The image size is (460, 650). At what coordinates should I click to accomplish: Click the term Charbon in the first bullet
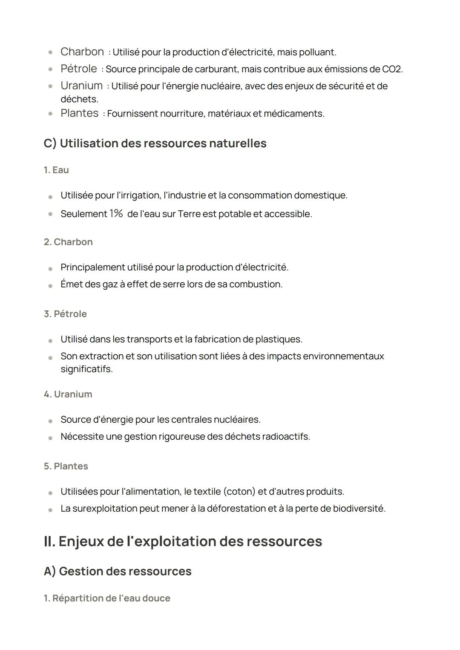pyautogui.click(x=82, y=52)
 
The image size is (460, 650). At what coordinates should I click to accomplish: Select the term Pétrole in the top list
pyautogui.click(x=78, y=69)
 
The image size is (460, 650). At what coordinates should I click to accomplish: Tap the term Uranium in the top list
pyautogui.click(x=81, y=86)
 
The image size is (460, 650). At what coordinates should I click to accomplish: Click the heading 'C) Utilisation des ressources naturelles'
pyautogui.click(x=155, y=143)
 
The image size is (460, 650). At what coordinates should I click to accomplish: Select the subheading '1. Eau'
pyautogui.click(x=56, y=170)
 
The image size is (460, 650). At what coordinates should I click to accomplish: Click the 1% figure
pyautogui.click(x=116, y=213)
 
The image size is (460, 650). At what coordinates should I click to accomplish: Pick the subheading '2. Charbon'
pyautogui.click(x=68, y=242)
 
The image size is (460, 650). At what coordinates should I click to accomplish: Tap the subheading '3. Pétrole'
pyautogui.click(x=65, y=314)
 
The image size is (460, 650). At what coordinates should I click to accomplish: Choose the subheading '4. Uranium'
pyautogui.click(x=68, y=394)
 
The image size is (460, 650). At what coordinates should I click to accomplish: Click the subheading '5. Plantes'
pyautogui.click(x=66, y=466)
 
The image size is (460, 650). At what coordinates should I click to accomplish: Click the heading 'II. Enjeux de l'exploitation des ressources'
pyautogui.click(x=183, y=541)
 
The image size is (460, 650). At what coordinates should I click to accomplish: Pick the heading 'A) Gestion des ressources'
pyautogui.click(x=117, y=571)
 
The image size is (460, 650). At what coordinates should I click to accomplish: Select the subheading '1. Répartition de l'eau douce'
pyautogui.click(x=106, y=598)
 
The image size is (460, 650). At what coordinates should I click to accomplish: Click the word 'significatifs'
pyautogui.click(x=86, y=369)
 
